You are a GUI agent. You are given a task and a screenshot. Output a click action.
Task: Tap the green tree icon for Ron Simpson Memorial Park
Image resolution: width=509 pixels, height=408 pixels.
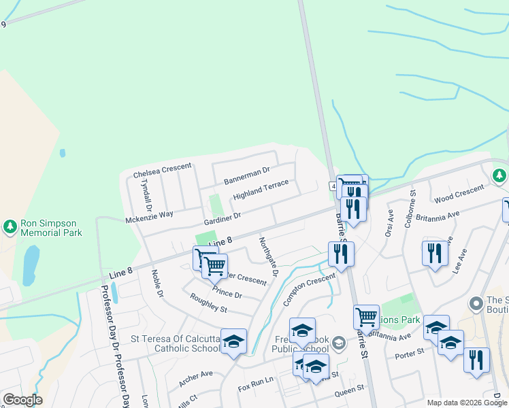coord(10,225)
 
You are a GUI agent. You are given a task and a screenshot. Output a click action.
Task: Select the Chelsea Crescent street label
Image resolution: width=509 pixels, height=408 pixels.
coord(162,170)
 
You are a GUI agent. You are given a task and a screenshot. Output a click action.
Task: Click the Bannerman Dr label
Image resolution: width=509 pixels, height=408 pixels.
coord(247,176)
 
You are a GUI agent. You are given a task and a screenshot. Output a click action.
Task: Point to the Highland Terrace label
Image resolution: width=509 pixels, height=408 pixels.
coord(261,190)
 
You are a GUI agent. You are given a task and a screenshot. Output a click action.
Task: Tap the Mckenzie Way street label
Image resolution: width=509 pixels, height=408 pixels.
coord(150,216)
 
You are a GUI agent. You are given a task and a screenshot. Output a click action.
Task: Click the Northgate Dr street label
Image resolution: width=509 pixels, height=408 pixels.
coord(268,256)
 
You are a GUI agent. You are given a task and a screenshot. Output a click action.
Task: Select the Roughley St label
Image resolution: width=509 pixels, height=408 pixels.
coord(208,304)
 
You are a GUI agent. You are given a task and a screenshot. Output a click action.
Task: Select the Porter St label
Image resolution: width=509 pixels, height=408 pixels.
coord(411,352)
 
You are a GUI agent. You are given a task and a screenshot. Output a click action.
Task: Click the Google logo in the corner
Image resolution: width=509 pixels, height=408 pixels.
coord(22,400)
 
